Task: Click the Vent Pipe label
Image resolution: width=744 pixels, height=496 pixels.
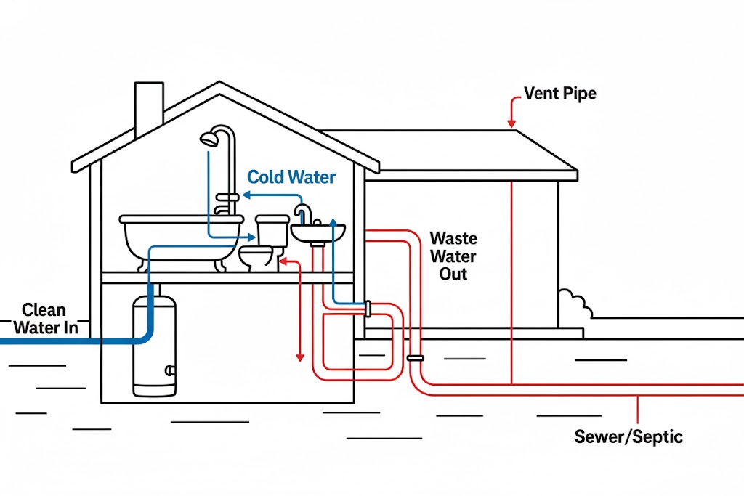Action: [x=559, y=94]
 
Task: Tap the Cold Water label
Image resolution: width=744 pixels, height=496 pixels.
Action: [x=291, y=177]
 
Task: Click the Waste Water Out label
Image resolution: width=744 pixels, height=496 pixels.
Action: [x=453, y=256]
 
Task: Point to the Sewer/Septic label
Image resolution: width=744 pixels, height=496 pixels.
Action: [x=628, y=436]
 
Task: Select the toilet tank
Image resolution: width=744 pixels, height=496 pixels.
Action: [x=272, y=229]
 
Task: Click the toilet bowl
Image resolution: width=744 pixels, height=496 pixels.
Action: [x=256, y=256]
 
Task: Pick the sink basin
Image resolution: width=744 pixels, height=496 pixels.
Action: [x=318, y=234]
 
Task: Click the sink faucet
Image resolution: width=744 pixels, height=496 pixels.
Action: [x=303, y=213]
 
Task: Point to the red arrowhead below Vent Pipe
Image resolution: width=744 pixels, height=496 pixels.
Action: [x=512, y=123]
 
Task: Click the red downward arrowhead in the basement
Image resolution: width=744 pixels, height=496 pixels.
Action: [x=299, y=357]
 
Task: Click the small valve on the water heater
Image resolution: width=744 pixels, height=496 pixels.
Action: [x=170, y=370]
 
